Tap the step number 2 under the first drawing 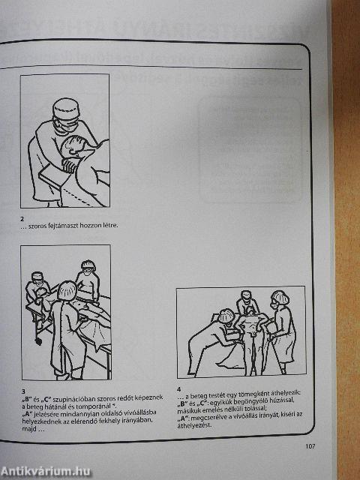[23, 218]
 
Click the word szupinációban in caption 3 [68, 398]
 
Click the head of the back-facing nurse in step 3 [66, 290]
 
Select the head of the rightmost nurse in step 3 [88, 266]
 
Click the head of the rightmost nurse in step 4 [279, 299]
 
